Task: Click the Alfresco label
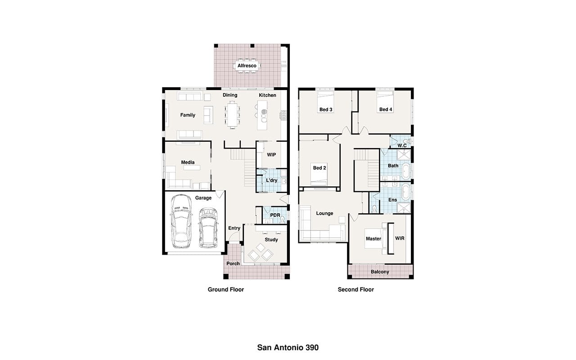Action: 247,66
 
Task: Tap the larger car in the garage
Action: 181,221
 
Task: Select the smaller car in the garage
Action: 208,228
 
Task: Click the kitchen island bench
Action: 262,115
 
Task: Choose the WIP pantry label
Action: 271,154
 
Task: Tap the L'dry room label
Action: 271,180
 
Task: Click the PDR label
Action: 275,215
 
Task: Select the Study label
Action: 271,240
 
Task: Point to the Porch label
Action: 233,264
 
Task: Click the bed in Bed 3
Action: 325,102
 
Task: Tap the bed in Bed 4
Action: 385,102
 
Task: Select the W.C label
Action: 402,145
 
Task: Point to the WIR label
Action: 400,238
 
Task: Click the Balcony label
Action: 380,272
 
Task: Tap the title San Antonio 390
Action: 288,348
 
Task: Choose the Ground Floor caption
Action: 226,289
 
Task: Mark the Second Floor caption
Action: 355,289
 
